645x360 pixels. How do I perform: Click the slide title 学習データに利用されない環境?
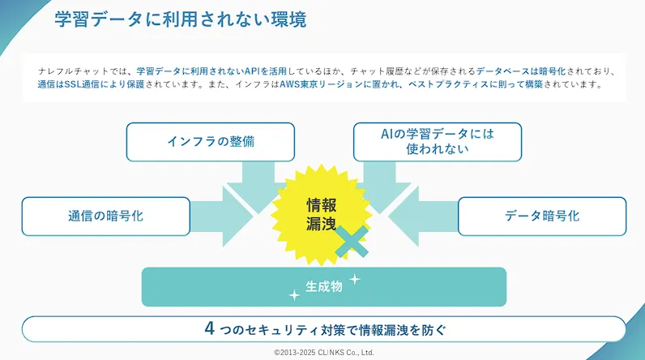(181, 19)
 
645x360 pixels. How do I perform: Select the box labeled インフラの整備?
(210, 142)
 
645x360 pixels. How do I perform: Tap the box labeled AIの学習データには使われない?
(437, 142)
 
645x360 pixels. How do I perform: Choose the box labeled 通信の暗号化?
(105, 216)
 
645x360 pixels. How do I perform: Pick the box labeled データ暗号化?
(542, 216)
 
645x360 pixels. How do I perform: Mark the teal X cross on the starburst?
(352, 242)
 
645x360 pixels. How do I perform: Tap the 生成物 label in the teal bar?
(323, 286)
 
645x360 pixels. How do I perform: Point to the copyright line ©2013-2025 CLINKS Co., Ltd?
(323, 353)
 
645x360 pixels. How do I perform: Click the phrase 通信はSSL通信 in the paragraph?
(68, 84)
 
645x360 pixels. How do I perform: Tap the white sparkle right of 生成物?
(354, 279)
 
